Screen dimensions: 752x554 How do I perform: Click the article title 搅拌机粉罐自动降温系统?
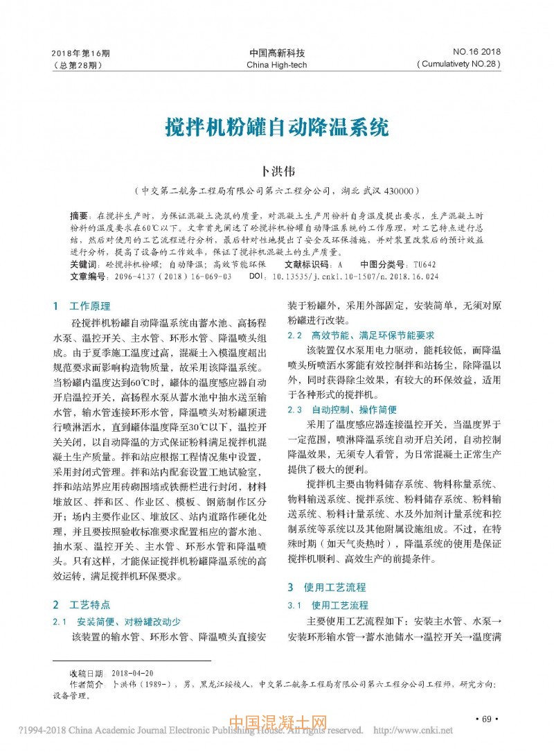(x=276, y=128)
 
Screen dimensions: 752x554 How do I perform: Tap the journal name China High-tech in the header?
(x=276, y=65)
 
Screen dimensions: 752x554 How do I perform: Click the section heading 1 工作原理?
(x=82, y=306)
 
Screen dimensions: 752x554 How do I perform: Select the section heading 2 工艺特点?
(x=82, y=604)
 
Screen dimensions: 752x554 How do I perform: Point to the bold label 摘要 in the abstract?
(x=80, y=216)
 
